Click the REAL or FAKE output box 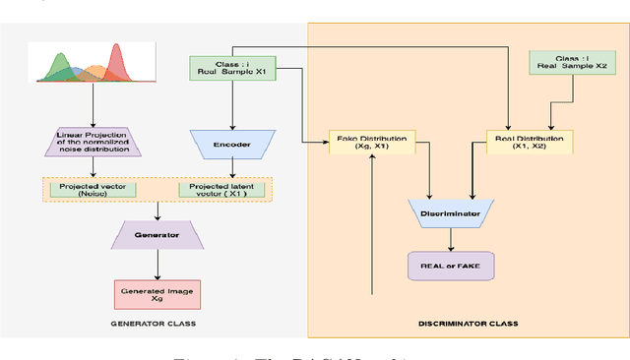tap(450, 265)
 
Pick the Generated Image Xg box tap(158, 293)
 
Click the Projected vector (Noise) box tap(94, 189)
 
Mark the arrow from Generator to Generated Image tap(158, 264)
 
